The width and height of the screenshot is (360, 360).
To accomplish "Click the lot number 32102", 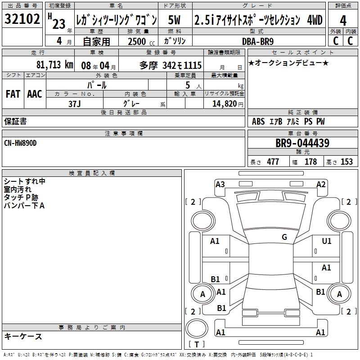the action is tap(22, 19).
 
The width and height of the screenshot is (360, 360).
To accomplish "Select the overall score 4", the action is tap(343, 21).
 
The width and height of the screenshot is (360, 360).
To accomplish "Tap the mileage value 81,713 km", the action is tap(55, 65).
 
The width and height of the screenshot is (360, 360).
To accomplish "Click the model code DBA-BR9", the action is tap(258, 41).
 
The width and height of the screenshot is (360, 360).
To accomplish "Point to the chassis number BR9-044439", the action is tap(302, 143).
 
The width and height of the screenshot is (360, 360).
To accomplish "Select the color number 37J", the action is tap(75, 104).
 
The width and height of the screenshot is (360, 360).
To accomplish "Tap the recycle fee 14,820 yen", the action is tap(228, 104).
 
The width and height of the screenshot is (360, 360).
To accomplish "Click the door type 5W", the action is tap(174, 20).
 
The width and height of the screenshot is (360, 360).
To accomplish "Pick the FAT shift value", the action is tap(13, 94).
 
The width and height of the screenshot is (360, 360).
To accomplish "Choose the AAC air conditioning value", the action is tap(35, 94).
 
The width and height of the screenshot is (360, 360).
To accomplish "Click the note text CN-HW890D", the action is tap(20, 143).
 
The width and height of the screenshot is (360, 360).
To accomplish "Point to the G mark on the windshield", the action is tap(284, 237).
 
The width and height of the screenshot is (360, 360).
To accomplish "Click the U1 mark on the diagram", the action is tap(327, 241).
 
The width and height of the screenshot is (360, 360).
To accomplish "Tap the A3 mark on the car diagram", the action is tap(220, 184).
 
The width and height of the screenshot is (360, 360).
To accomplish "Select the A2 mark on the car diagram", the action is tap(321, 184).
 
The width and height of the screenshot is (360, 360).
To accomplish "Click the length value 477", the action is tap(273, 162).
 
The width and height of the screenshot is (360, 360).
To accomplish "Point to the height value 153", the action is tap(346, 162).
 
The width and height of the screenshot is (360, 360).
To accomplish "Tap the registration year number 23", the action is tap(59, 24).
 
